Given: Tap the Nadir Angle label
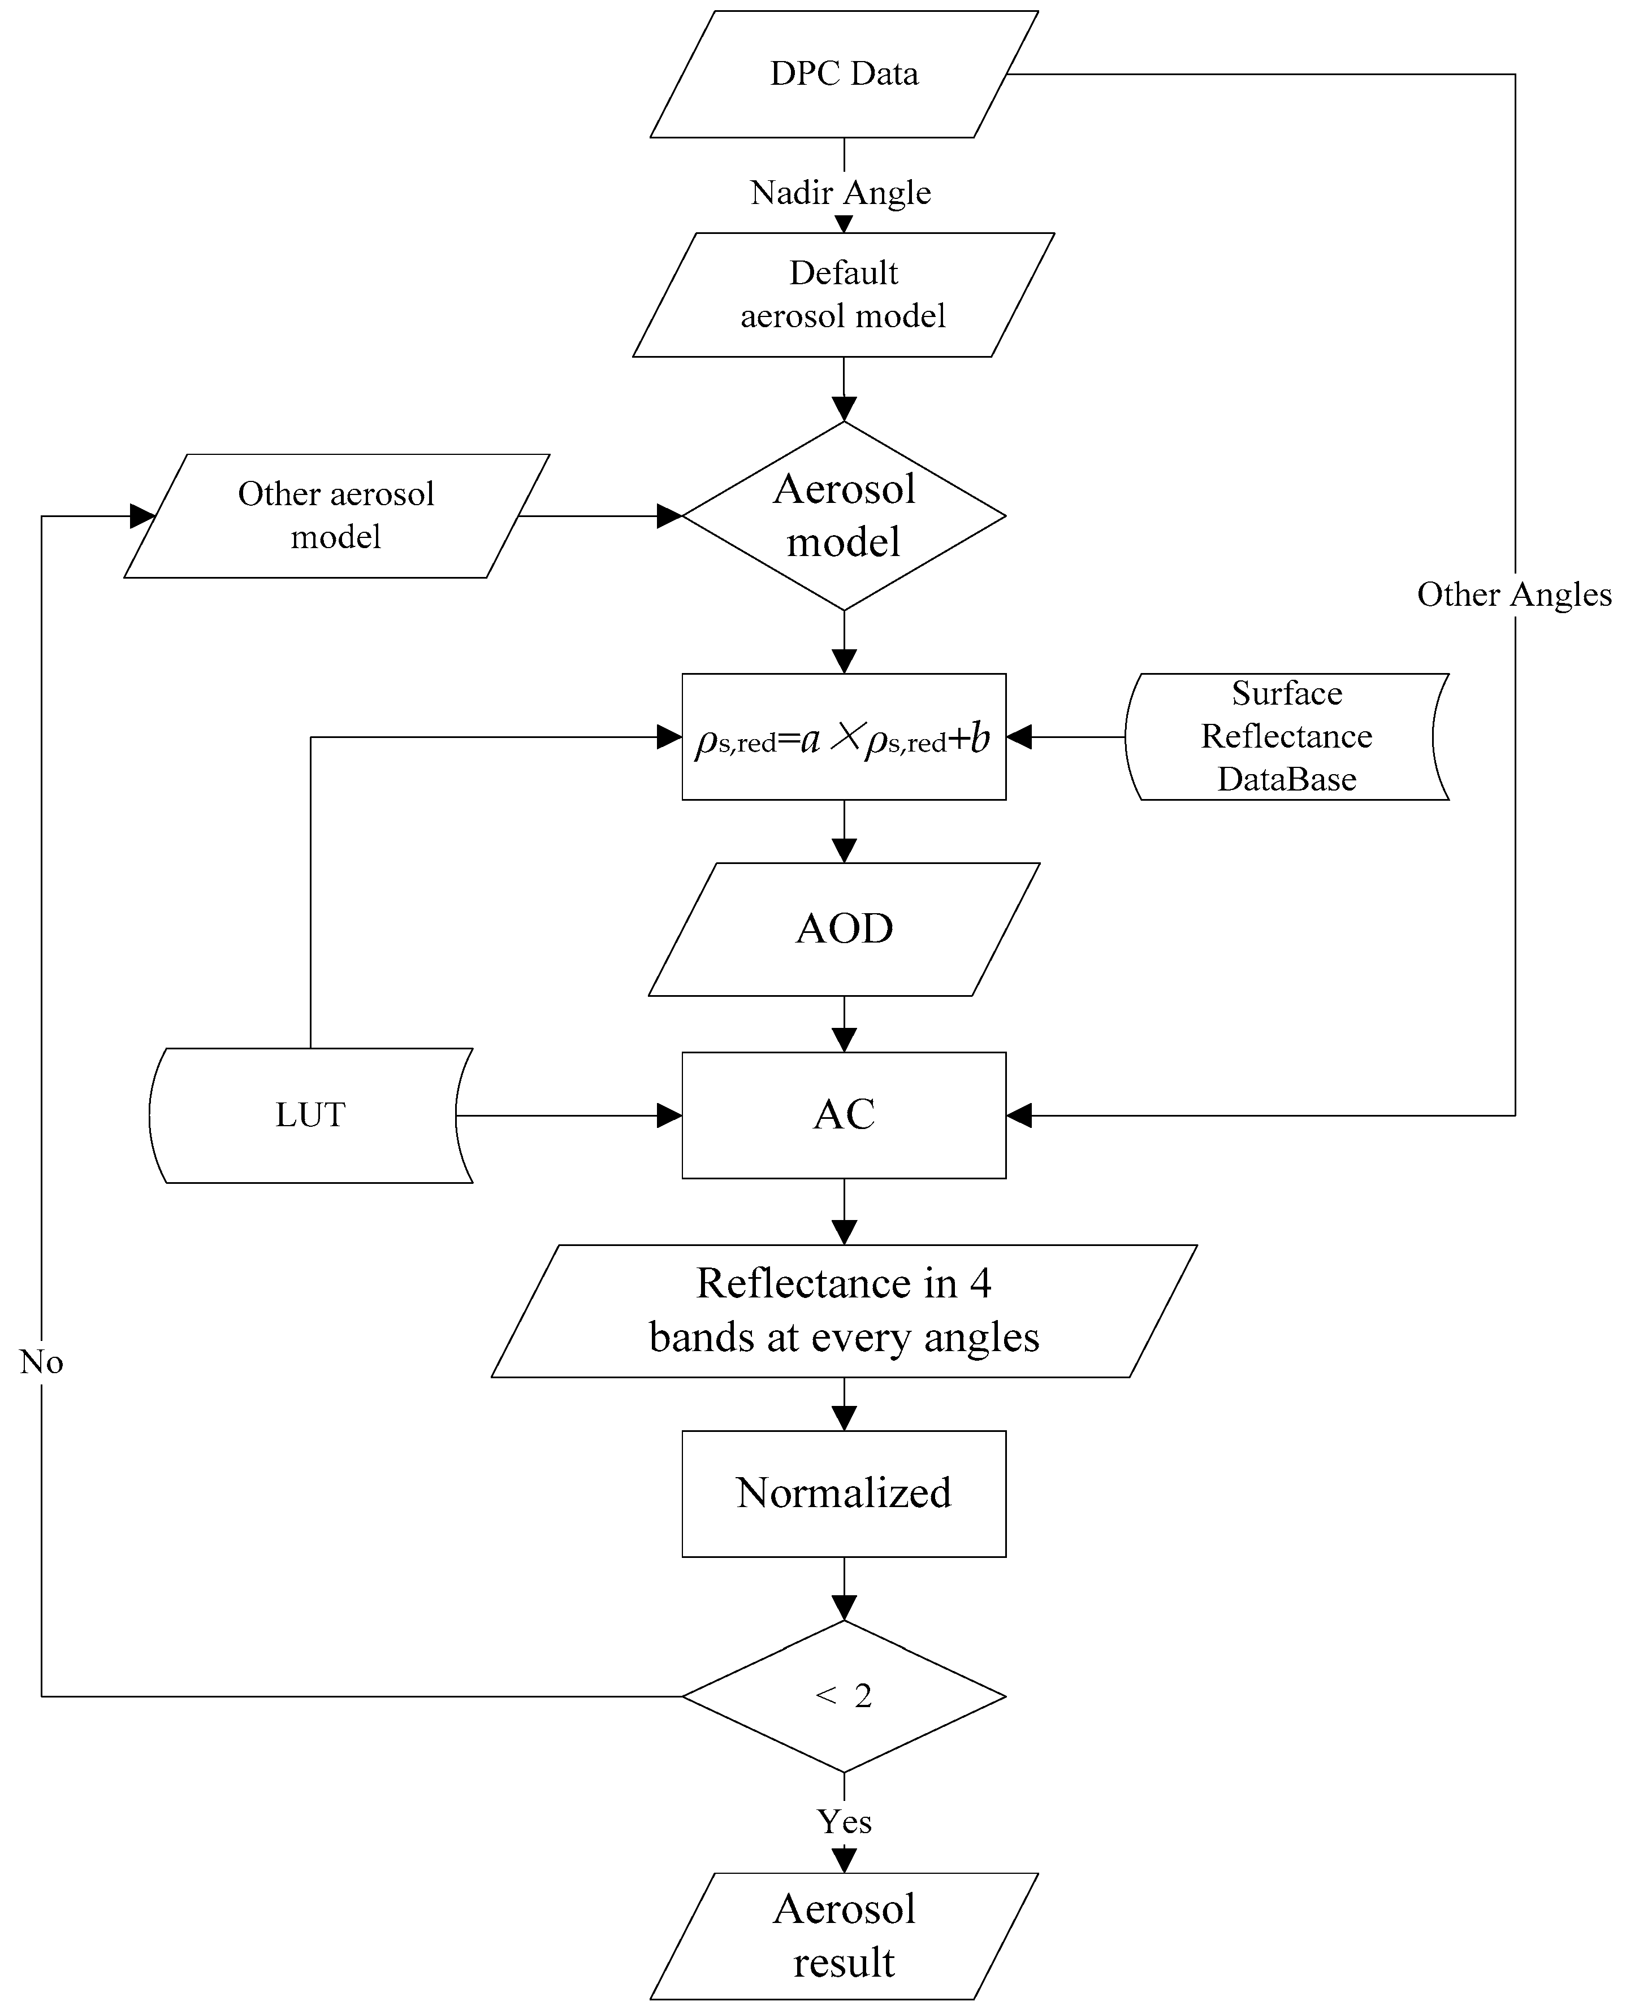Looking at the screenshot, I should point(840,193).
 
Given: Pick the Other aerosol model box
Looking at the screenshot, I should point(336,516).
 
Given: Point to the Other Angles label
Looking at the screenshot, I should point(1513,594).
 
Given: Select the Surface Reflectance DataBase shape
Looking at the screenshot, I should point(1286,737).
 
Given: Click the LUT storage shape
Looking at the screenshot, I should point(310,1115).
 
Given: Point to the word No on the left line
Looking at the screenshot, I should point(41,1362).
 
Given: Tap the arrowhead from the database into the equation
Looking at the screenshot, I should point(1019,737).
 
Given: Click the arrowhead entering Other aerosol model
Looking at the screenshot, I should point(142,516).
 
